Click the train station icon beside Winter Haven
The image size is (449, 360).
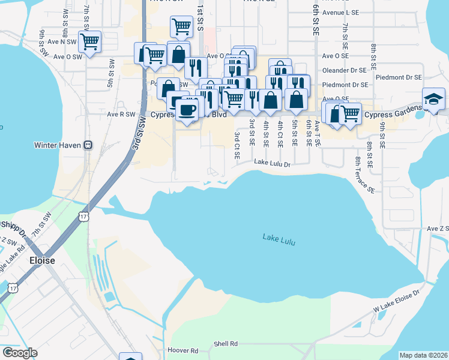tap(88, 145)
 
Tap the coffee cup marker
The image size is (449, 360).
tap(188, 110)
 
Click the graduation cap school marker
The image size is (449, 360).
tap(433, 98)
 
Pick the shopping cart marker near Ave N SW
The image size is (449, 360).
tap(89, 42)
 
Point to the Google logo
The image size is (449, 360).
tap(19, 353)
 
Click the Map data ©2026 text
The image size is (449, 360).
tap(423, 355)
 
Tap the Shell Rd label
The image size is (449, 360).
tap(226, 344)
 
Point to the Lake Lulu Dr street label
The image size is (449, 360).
tap(272, 163)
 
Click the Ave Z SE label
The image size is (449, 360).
tap(438, 229)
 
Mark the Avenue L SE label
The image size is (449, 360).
tap(340, 12)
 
